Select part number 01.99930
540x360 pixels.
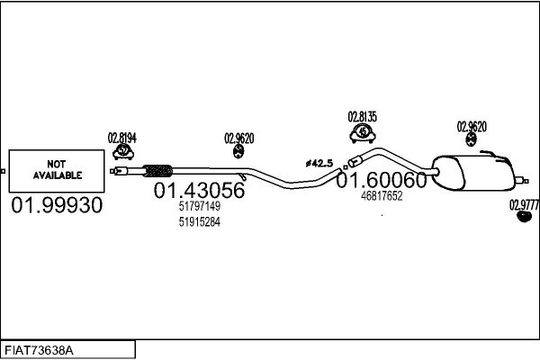57,205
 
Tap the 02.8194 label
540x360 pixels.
122,138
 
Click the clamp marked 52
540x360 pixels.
123,151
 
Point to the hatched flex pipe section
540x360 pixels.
157,170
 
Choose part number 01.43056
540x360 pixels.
199,190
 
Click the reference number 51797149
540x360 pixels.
200,206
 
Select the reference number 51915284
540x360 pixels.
200,222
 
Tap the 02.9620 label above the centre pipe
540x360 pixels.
239,139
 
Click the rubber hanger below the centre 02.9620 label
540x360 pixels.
238,151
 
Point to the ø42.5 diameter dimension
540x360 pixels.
319,163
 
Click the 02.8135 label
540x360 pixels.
363,117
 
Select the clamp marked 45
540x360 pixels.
363,133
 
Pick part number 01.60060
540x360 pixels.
382,180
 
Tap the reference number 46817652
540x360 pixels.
382,196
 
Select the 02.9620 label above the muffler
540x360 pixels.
472,127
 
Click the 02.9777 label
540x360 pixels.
524,205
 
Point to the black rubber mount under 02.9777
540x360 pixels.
525,217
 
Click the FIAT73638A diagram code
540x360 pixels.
39,350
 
